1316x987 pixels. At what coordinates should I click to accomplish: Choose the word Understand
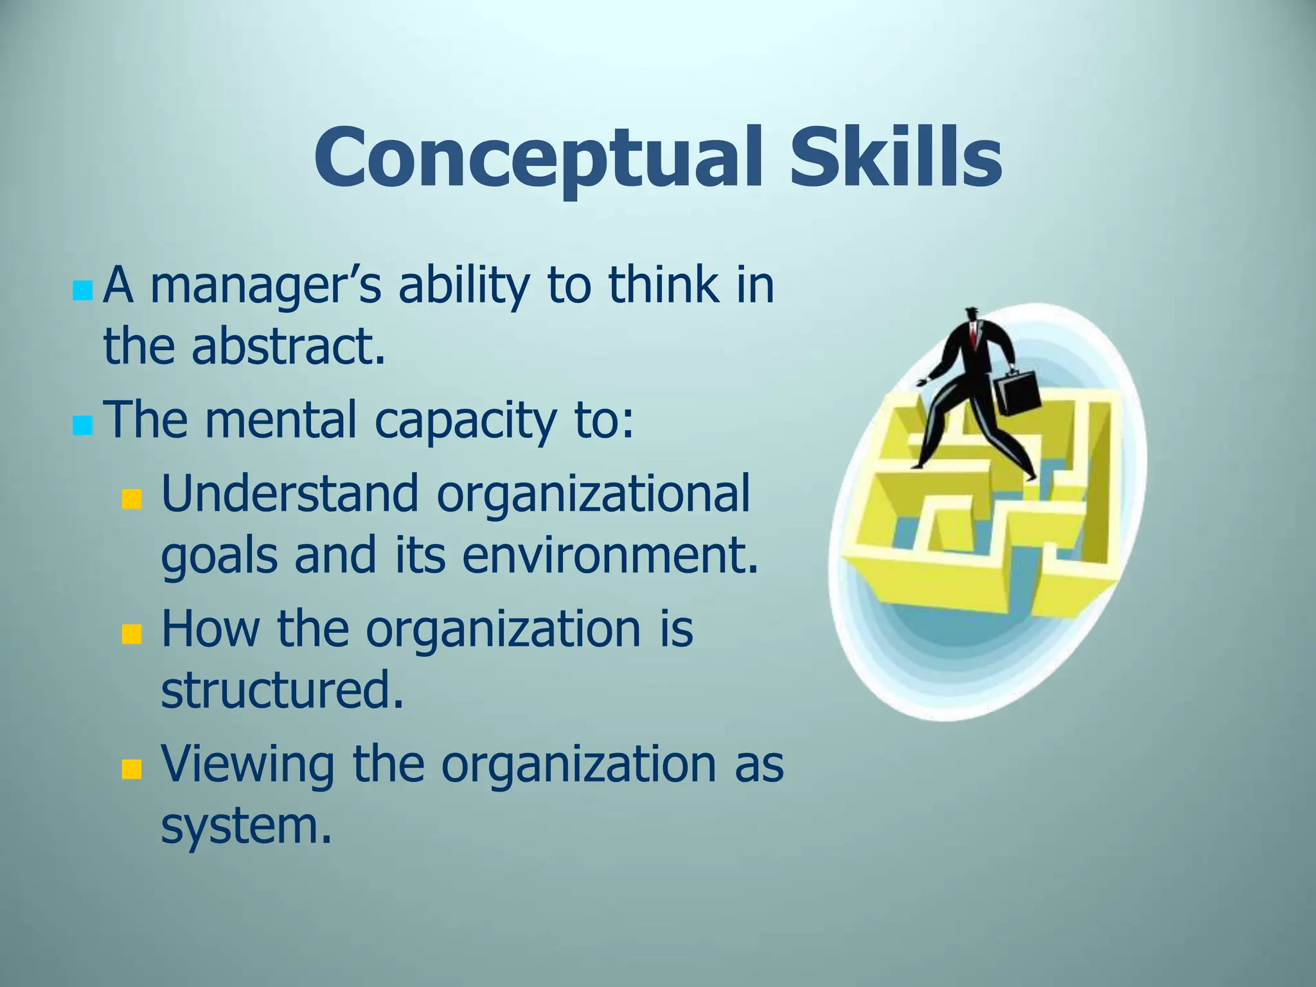point(290,493)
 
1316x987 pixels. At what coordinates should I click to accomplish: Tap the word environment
point(610,555)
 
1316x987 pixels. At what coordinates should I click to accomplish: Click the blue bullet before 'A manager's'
point(83,291)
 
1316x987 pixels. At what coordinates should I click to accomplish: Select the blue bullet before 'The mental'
point(83,425)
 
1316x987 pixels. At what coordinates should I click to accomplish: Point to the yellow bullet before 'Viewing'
point(132,770)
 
